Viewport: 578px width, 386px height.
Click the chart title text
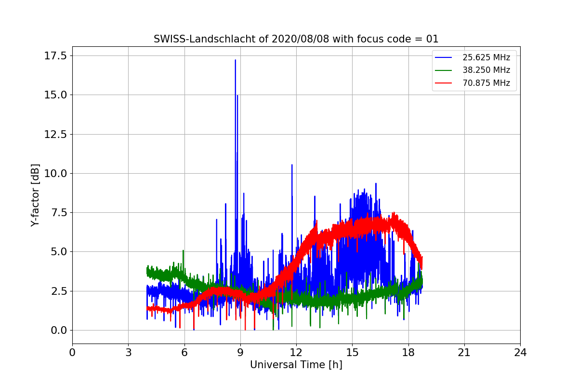coord(296,39)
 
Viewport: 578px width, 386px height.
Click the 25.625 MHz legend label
coord(486,57)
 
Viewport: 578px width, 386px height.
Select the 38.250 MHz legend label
coord(486,70)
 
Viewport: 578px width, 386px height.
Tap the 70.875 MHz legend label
coord(486,83)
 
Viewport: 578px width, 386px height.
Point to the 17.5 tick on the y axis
coord(55,56)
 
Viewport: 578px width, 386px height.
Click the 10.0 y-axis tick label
coord(55,174)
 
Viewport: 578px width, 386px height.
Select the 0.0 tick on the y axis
coord(59,331)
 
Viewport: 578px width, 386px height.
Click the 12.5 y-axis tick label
coord(55,135)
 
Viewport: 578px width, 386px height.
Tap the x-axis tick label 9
coord(240,353)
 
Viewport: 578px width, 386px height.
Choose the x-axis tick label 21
coord(464,353)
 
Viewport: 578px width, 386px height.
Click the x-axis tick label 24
coord(520,353)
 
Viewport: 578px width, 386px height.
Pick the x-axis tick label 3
coord(129,353)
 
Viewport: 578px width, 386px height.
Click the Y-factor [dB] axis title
coord(35,195)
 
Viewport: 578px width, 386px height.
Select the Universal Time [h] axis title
coord(296,365)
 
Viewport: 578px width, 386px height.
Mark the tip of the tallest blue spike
coord(236,60)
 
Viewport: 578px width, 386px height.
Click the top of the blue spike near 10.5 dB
coord(292,165)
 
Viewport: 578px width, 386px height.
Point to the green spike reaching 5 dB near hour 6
coord(183,250)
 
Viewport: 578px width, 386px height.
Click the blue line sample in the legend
coord(443,57)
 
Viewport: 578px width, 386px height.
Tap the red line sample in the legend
coord(443,83)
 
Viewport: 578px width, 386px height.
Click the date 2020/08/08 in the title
coord(301,39)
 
